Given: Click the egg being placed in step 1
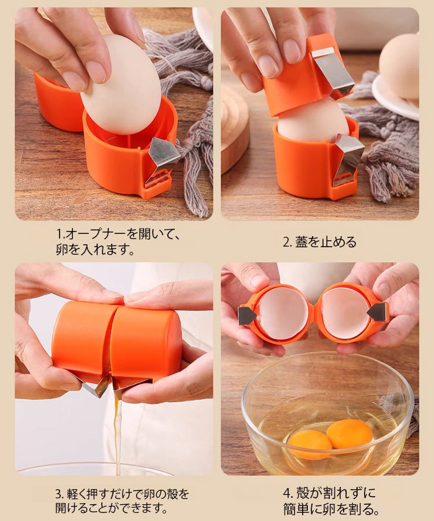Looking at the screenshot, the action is click(x=122, y=85).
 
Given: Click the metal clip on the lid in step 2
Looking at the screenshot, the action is click(x=333, y=71).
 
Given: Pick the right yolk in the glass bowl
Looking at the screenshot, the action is click(x=350, y=434).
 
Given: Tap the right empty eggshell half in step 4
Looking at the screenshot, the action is click(x=345, y=313).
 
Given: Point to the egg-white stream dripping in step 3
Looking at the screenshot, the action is click(x=117, y=432).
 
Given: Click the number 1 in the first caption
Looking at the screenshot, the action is click(x=59, y=234).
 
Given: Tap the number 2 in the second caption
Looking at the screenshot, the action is click(x=286, y=242).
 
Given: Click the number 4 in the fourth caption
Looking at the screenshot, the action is click(x=286, y=493).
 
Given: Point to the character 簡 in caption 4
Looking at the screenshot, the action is click(x=290, y=509).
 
